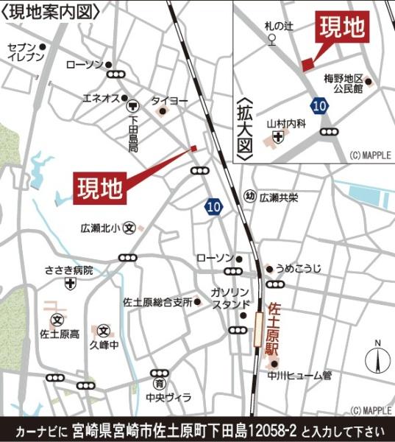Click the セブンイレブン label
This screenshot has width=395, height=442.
pos(20,52)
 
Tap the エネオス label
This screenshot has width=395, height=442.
pos(97,98)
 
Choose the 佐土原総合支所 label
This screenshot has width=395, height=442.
pos(157,302)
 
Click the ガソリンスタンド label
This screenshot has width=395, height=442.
pos(230,298)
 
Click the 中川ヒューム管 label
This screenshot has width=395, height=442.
pos(299,376)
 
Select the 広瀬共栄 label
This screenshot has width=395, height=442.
pos(278,197)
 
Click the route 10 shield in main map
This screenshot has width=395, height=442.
pos(213,208)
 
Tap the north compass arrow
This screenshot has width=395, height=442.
pos(377,360)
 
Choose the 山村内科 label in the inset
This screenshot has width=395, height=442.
pos(285,123)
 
